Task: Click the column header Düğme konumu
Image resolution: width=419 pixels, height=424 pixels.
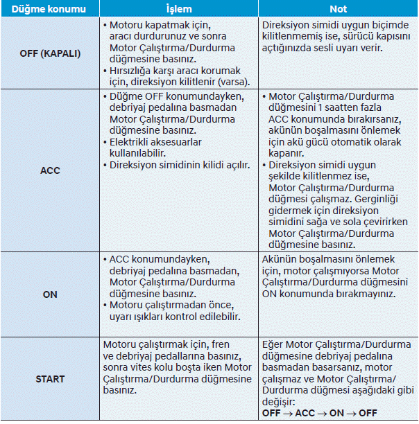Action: (49, 8)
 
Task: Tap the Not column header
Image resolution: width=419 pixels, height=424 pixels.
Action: (338, 8)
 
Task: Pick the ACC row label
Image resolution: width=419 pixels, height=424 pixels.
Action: (49, 170)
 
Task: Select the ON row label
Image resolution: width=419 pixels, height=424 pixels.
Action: (49, 294)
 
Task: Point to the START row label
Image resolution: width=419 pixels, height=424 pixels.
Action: (49, 379)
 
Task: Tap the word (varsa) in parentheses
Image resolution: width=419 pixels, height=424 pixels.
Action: (223, 81)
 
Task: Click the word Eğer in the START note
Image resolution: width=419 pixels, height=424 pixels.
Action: (273, 345)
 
